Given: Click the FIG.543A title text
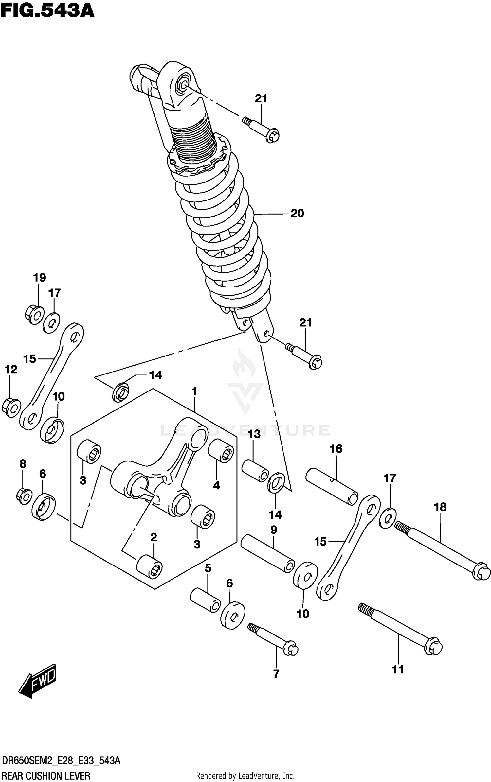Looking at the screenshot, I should pos(47,11).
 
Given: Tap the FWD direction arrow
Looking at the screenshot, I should pos(38,681).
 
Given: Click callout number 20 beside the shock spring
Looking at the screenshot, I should pos(297,213).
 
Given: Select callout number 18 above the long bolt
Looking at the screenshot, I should pos(440,507).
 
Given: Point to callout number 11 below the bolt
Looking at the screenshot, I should pos(398,669).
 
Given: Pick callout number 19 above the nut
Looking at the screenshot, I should pos(39,278).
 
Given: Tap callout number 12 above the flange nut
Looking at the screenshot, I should pos(11,370).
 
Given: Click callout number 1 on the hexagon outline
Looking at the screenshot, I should pos(194,391).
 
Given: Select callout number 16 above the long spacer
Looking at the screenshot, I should pos(336,449).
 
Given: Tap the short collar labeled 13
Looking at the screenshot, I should pos(255,471).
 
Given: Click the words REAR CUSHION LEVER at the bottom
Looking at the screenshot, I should pos(45,775).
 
